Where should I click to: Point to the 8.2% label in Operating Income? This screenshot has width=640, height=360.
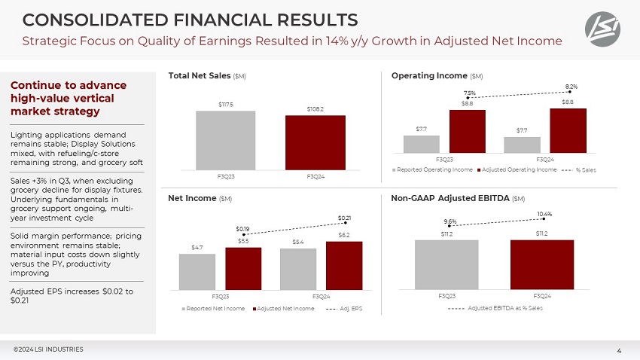[x=571, y=87]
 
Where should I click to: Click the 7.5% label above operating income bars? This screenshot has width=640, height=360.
[x=470, y=93]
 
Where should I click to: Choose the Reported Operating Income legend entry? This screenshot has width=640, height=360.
[x=434, y=169]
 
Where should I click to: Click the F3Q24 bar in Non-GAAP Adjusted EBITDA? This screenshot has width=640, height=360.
[x=542, y=264]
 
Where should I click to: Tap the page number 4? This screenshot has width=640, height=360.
[x=618, y=349]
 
